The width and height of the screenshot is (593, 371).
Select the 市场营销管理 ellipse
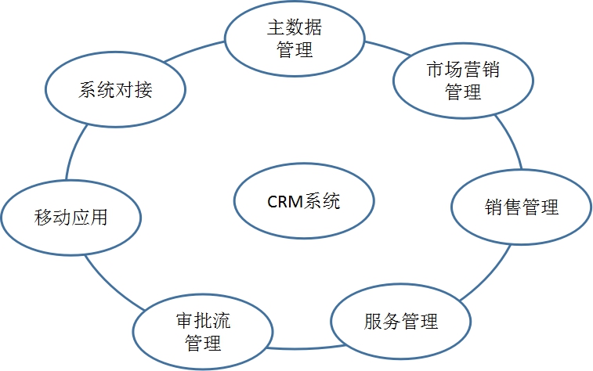coord(462,81)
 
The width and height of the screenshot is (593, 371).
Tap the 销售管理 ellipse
coord(521,207)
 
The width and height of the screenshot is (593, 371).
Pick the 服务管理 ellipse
coord(400,321)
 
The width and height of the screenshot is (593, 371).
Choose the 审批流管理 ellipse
coord(202,332)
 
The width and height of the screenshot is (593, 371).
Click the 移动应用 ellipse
coord(71,218)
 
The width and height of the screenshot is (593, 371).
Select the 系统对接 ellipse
coord(115,89)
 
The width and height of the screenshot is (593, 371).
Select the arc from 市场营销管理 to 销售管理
coord(511,141)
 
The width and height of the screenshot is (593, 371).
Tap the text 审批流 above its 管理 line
coord(202,322)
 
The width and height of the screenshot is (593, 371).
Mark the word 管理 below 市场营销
coord(462,93)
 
